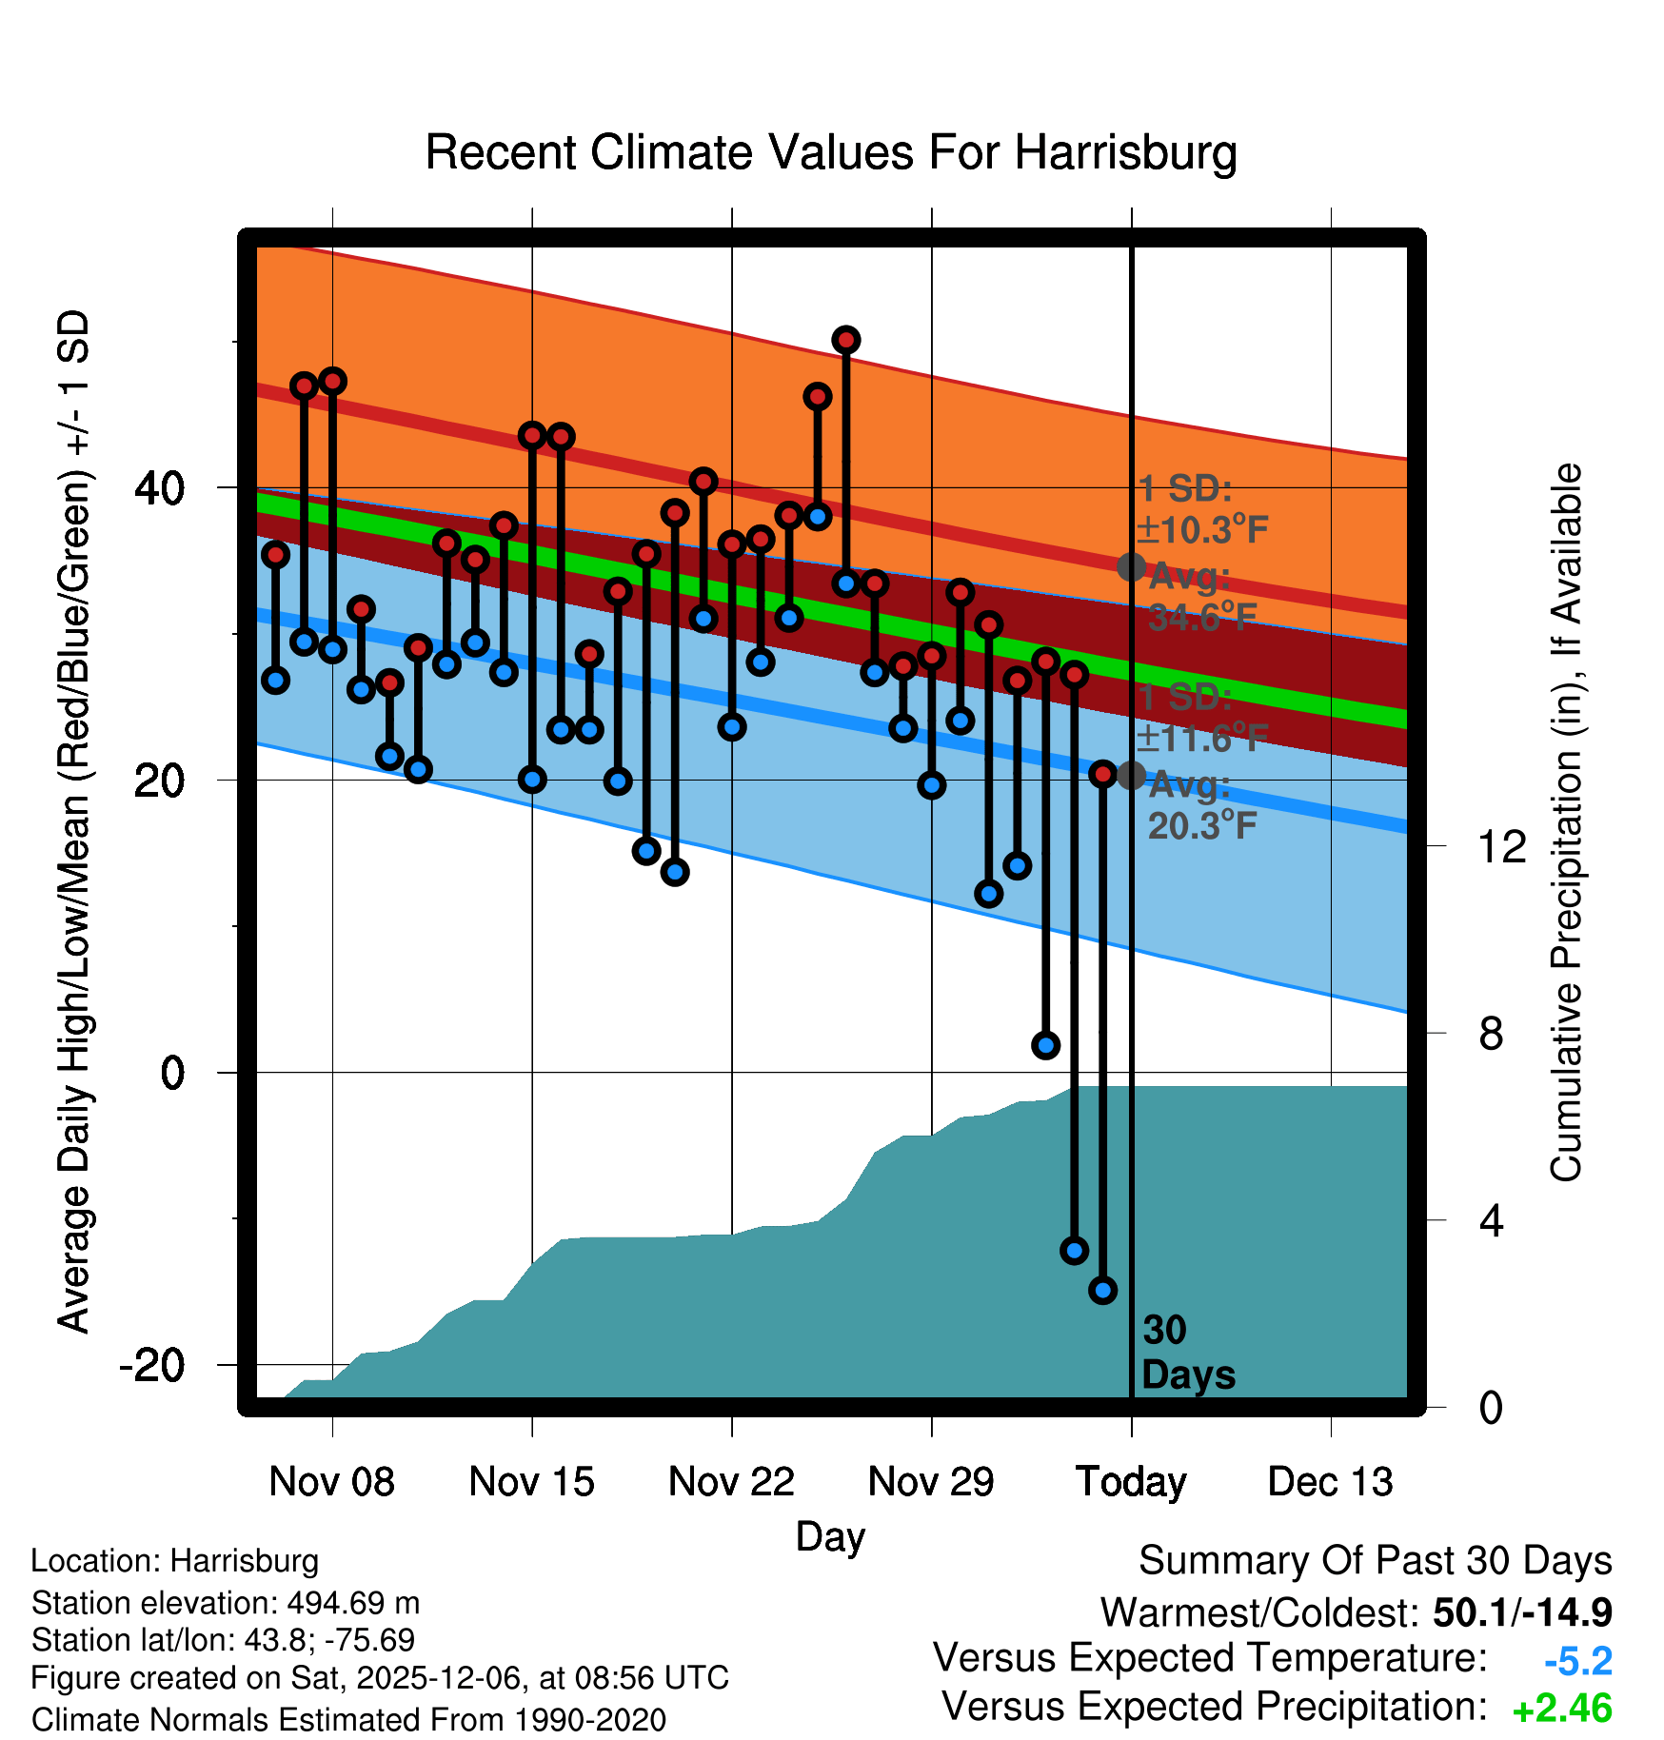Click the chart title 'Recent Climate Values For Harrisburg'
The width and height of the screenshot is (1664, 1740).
tap(831, 153)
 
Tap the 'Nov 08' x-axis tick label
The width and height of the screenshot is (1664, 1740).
tap(331, 1482)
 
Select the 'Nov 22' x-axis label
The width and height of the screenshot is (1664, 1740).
tap(731, 1482)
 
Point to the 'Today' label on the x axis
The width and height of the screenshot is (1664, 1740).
tap(1131, 1482)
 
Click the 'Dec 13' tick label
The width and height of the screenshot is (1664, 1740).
tap(1330, 1482)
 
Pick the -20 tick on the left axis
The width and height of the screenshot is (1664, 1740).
tap(151, 1365)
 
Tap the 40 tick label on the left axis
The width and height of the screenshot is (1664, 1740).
tap(159, 488)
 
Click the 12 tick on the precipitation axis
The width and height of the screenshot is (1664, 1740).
tap(1501, 846)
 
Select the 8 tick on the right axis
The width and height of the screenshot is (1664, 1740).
tap(1491, 1034)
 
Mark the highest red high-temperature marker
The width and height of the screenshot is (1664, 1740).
tap(846, 340)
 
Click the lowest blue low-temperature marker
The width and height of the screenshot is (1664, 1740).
tap(1102, 1291)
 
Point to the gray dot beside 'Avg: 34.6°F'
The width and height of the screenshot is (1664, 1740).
tap(1131, 567)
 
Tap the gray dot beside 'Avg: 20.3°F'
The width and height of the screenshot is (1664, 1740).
tap(1131, 775)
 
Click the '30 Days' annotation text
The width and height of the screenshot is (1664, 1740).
tap(1187, 1353)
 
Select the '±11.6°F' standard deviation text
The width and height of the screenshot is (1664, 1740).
tap(1202, 738)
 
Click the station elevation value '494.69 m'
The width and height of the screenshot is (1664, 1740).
tap(353, 1603)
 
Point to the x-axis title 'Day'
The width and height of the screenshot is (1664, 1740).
tap(830, 1536)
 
